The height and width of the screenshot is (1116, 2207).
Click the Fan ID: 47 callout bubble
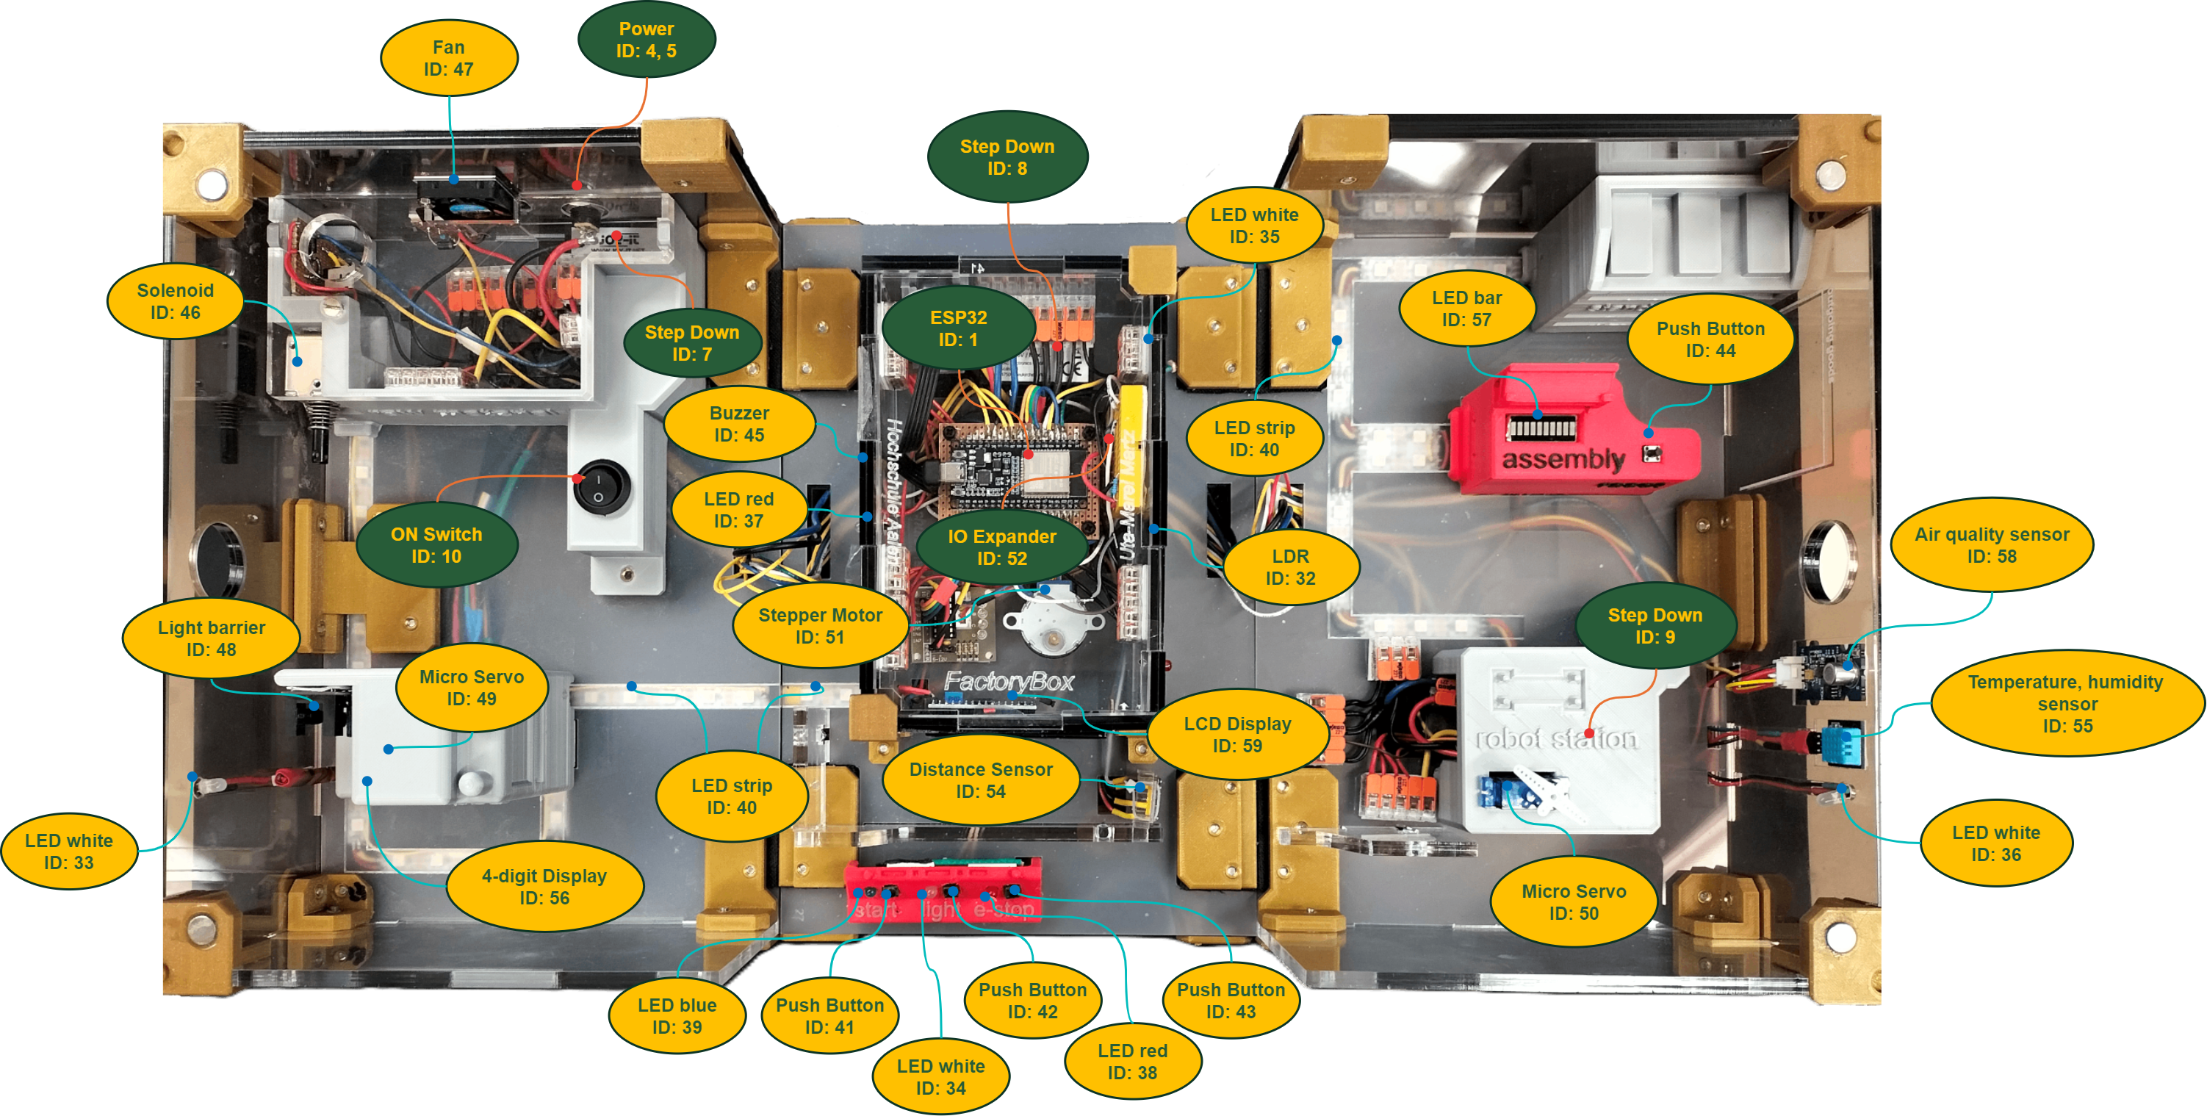(448, 58)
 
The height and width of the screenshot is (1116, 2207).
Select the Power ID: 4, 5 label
(646, 40)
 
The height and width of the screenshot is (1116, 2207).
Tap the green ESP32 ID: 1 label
(958, 328)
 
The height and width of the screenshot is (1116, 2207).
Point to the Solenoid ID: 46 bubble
(175, 300)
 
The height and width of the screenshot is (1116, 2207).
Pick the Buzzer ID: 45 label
(738, 424)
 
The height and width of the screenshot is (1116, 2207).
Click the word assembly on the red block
(1563, 459)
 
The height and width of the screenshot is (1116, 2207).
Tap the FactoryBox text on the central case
(1009, 682)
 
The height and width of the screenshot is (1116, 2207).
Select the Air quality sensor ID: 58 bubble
(1991, 544)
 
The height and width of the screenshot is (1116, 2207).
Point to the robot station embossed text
(1556, 738)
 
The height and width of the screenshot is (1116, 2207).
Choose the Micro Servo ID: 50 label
(1573, 902)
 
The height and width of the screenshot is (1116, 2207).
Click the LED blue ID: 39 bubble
(676, 1016)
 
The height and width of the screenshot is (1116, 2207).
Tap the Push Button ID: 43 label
(1231, 1001)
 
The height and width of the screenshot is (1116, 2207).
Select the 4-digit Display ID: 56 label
(544, 887)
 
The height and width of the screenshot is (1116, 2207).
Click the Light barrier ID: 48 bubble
(211, 638)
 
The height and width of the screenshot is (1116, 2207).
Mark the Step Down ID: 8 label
(1007, 156)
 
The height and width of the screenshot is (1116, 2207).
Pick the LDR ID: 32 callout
(1290, 567)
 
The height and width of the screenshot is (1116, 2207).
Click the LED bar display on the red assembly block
(1541, 427)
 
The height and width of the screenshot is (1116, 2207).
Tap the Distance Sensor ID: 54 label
(980, 780)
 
